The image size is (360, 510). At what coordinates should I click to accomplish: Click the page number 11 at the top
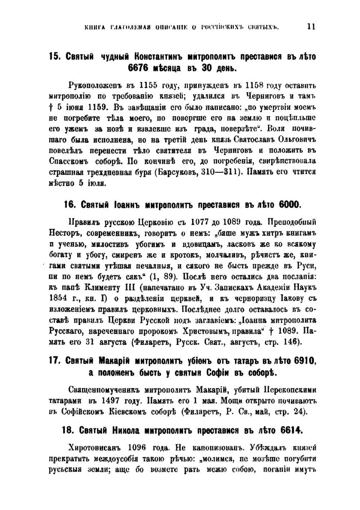pos(311,27)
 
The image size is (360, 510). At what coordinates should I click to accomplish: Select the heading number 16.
pos(69,205)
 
